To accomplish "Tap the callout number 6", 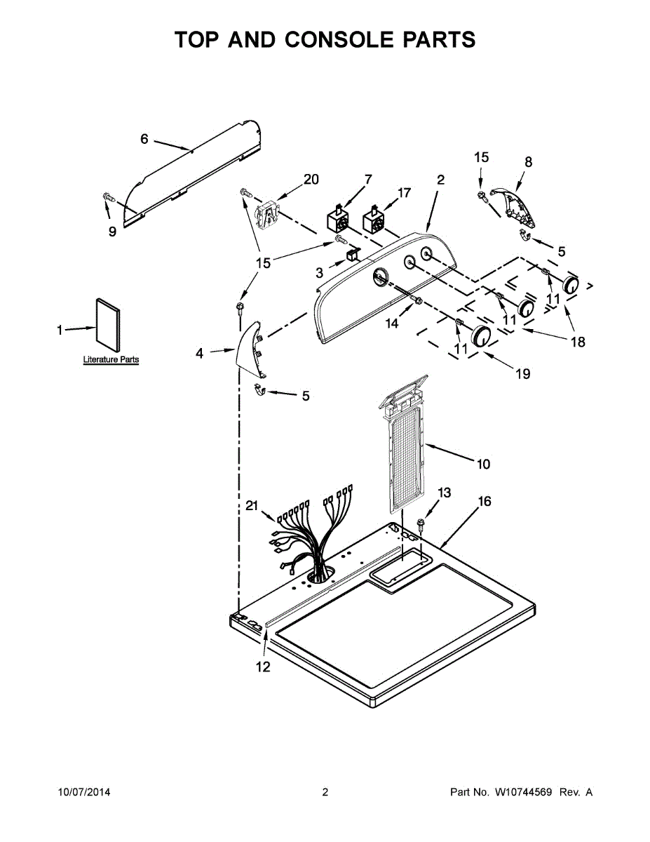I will [x=144, y=139].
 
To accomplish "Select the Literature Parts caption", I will [x=111, y=360].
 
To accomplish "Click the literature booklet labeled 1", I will [x=107, y=323].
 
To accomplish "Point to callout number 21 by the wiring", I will [x=252, y=505].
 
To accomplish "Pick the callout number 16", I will [x=484, y=501].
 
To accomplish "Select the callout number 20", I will [x=310, y=179].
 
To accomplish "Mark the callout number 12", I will [x=262, y=667].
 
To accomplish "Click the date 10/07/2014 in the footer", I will [x=83, y=793].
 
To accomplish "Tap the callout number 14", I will [x=391, y=324].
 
